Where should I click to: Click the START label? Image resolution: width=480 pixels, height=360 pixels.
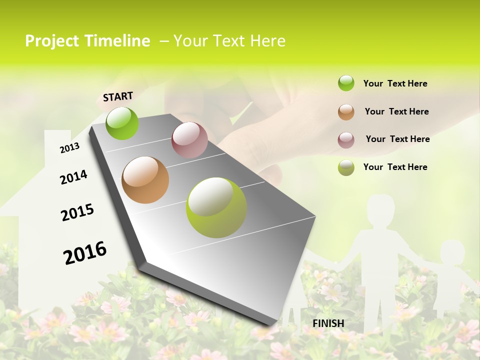tap(118, 96)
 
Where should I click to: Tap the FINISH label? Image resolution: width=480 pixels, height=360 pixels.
tap(328, 323)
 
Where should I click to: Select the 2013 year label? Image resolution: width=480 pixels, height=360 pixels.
tap(70, 148)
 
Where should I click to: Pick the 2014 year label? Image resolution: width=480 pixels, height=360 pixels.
tap(74, 177)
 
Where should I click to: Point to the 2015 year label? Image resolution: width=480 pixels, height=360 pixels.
tap(77, 212)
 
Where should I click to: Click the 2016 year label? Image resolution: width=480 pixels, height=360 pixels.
tap(85, 252)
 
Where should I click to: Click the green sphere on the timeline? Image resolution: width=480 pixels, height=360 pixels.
tap(122, 123)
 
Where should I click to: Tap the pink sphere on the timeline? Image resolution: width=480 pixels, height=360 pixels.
tap(189, 140)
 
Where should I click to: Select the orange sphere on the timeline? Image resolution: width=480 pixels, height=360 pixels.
tap(145, 180)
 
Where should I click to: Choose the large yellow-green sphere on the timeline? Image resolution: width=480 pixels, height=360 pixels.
tap(216, 207)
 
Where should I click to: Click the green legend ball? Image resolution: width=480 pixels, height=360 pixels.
tap(346, 83)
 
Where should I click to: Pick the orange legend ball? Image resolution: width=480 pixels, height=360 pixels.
tap(346, 112)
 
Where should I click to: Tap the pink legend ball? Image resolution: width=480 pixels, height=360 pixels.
tap(346, 140)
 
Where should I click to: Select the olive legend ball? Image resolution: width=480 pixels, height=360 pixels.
tap(346, 167)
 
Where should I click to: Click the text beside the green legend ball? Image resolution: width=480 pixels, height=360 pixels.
tap(395, 83)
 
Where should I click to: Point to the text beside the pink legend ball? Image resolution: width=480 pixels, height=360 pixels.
tap(397, 139)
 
